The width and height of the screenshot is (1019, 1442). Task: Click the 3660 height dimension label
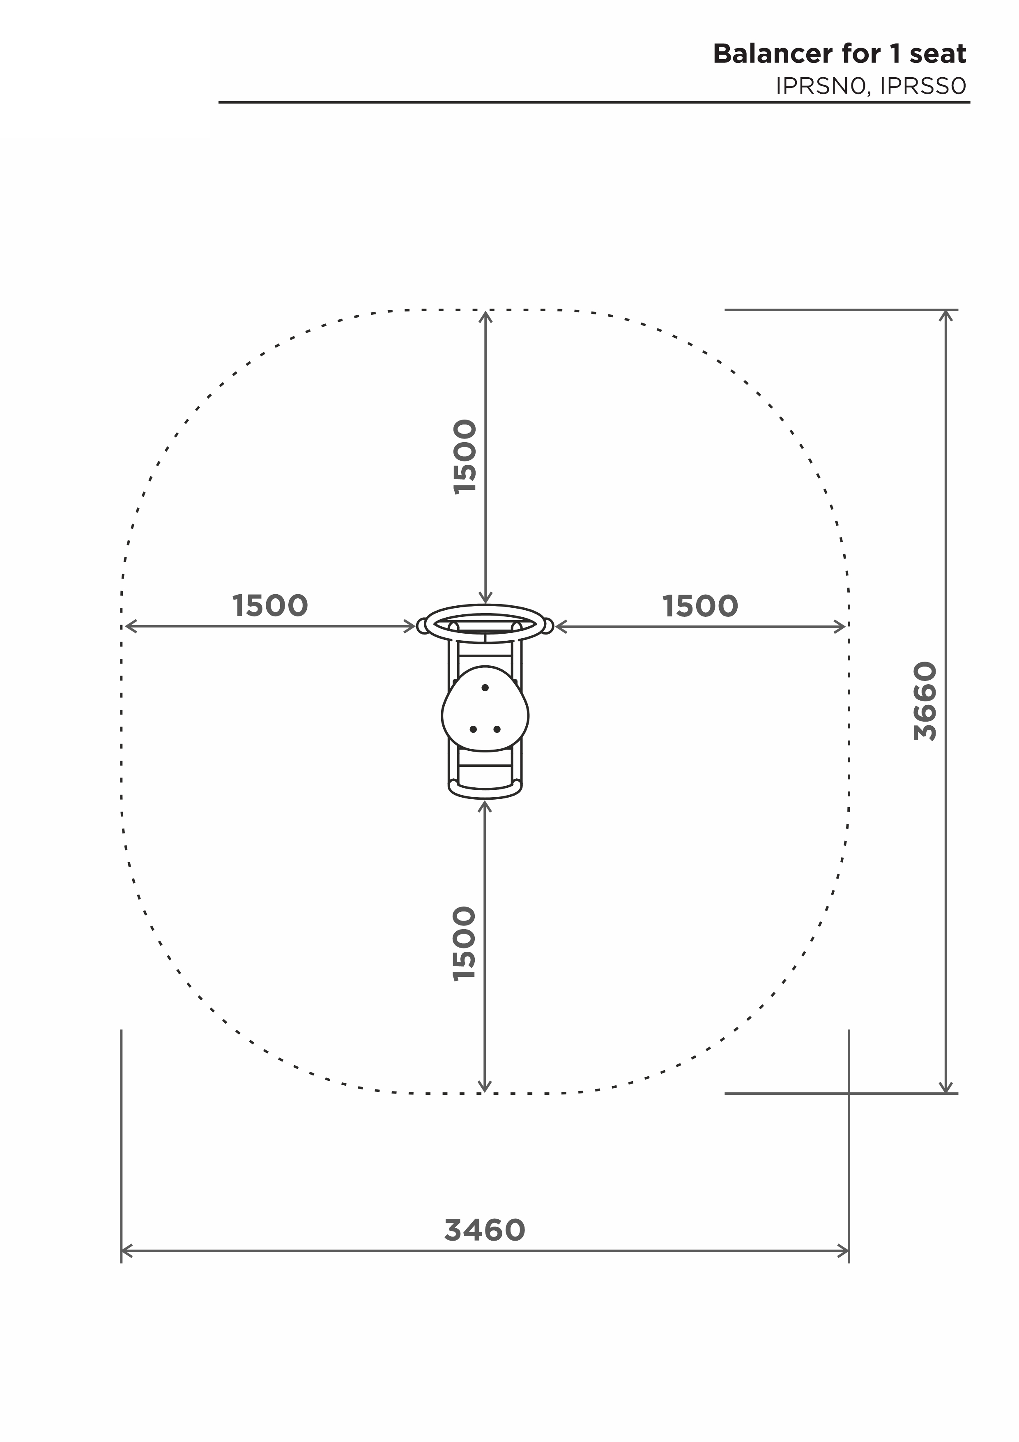coord(925,701)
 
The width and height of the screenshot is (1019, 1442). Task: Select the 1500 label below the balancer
coord(465,944)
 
